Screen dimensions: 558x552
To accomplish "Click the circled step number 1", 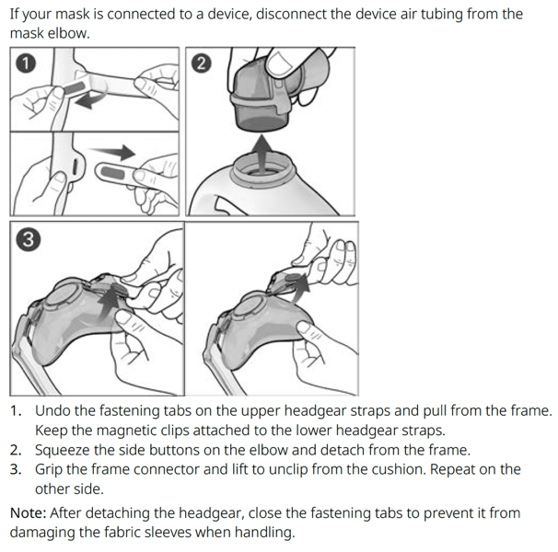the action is [x=26, y=63].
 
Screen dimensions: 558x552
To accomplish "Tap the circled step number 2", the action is [x=202, y=63].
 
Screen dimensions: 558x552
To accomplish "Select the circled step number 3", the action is [x=29, y=239].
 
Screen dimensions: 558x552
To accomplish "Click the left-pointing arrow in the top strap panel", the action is [x=89, y=98].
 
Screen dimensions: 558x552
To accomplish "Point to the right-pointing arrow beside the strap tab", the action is [x=112, y=152].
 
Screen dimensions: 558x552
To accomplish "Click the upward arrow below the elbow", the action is [x=262, y=152].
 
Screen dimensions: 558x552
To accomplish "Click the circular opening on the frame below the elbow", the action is [x=262, y=167].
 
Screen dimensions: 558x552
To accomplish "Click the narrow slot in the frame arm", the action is [x=76, y=167].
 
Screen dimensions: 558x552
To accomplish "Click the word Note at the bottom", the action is [x=29, y=513].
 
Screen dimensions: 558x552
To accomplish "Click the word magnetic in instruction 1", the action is [x=126, y=431].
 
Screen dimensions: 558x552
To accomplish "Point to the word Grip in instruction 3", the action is [x=49, y=470].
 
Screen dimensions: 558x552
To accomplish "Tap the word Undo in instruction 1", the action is [x=52, y=411].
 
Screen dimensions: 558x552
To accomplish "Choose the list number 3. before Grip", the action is [x=16, y=470].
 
